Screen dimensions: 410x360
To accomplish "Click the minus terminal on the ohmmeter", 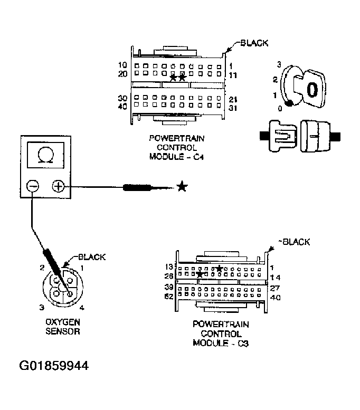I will point(32,186).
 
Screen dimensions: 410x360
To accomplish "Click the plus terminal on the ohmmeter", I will point(58,186).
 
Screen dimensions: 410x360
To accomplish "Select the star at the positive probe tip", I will point(182,186).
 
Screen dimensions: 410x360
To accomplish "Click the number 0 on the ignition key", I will point(312,89).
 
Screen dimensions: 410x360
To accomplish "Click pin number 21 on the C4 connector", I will point(234,99).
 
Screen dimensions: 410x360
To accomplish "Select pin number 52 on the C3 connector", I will point(169,297).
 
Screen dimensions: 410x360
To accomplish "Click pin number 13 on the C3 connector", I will point(169,267).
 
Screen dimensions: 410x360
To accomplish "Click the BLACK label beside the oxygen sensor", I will point(91,257).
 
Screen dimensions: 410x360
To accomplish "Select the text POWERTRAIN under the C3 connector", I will point(221,325).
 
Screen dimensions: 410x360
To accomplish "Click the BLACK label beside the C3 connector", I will point(296,242).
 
